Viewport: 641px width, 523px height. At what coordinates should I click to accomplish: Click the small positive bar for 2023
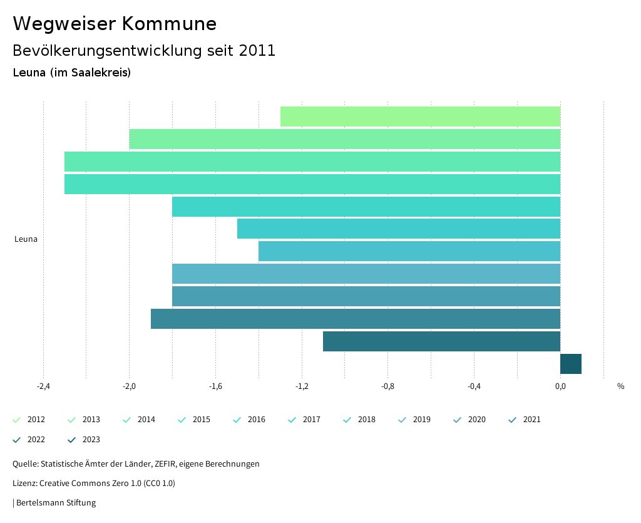click(x=571, y=364)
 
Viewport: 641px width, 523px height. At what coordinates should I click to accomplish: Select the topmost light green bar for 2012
click(x=420, y=117)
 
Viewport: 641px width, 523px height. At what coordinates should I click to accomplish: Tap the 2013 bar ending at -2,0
click(x=344, y=139)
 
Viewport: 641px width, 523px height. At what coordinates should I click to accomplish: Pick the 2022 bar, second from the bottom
click(x=441, y=341)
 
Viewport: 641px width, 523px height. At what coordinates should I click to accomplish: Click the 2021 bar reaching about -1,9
click(x=355, y=319)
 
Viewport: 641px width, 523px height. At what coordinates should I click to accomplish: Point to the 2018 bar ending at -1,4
click(x=409, y=251)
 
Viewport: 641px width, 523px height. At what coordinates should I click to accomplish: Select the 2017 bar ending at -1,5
click(x=398, y=229)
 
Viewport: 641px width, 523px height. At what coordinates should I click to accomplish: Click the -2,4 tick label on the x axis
click(x=43, y=386)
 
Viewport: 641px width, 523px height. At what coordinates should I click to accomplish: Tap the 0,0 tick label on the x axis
click(x=560, y=386)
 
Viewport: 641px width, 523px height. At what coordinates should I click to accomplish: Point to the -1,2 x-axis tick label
click(x=302, y=386)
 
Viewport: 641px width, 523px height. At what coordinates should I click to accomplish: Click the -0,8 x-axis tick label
click(x=388, y=386)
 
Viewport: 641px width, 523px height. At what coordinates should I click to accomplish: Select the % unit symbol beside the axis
click(x=620, y=386)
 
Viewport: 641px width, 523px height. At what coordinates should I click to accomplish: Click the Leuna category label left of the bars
click(x=26, y=239)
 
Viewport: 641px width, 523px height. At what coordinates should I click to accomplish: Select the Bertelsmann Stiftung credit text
click(x=56, y=503)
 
